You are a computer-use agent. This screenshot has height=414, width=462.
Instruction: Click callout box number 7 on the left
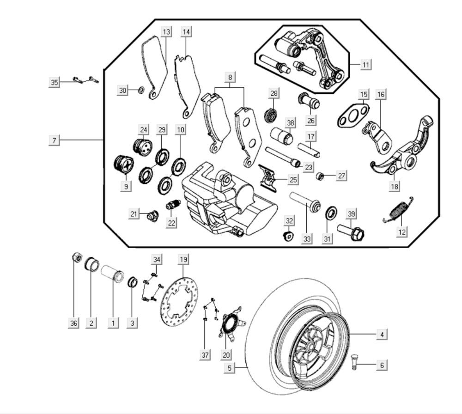pyautogui.click(x=55, y=140)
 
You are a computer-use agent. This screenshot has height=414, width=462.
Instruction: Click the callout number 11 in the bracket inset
pyautogui.click(x=365, y=64)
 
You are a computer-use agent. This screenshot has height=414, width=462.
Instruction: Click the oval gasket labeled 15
pyautogui.click(x=352, y=116)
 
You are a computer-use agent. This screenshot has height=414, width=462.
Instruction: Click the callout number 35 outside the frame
pyautogui.click(x=55, y=82)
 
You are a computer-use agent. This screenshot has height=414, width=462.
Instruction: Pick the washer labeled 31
pyautogui.click(x=331, y=213)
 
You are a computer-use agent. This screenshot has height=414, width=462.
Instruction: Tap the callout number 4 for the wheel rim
pyautogui.click(x=382, y=334)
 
